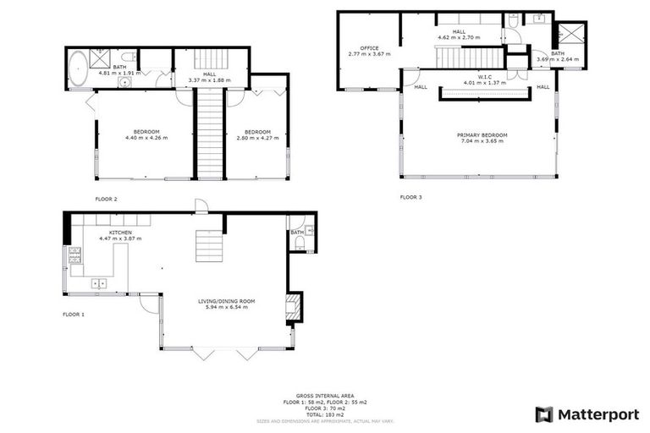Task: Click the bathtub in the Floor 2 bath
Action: click(x=78, y=69)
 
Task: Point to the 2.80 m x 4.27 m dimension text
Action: click(x=257, y=138)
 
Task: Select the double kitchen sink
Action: click(x=101, y=283)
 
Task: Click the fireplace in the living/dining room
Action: click(x=293, y=308)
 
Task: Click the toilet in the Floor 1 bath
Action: click(x=301, y=244)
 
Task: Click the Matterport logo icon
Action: click(x=544, y=414)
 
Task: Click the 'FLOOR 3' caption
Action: click(x=410, y=197)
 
